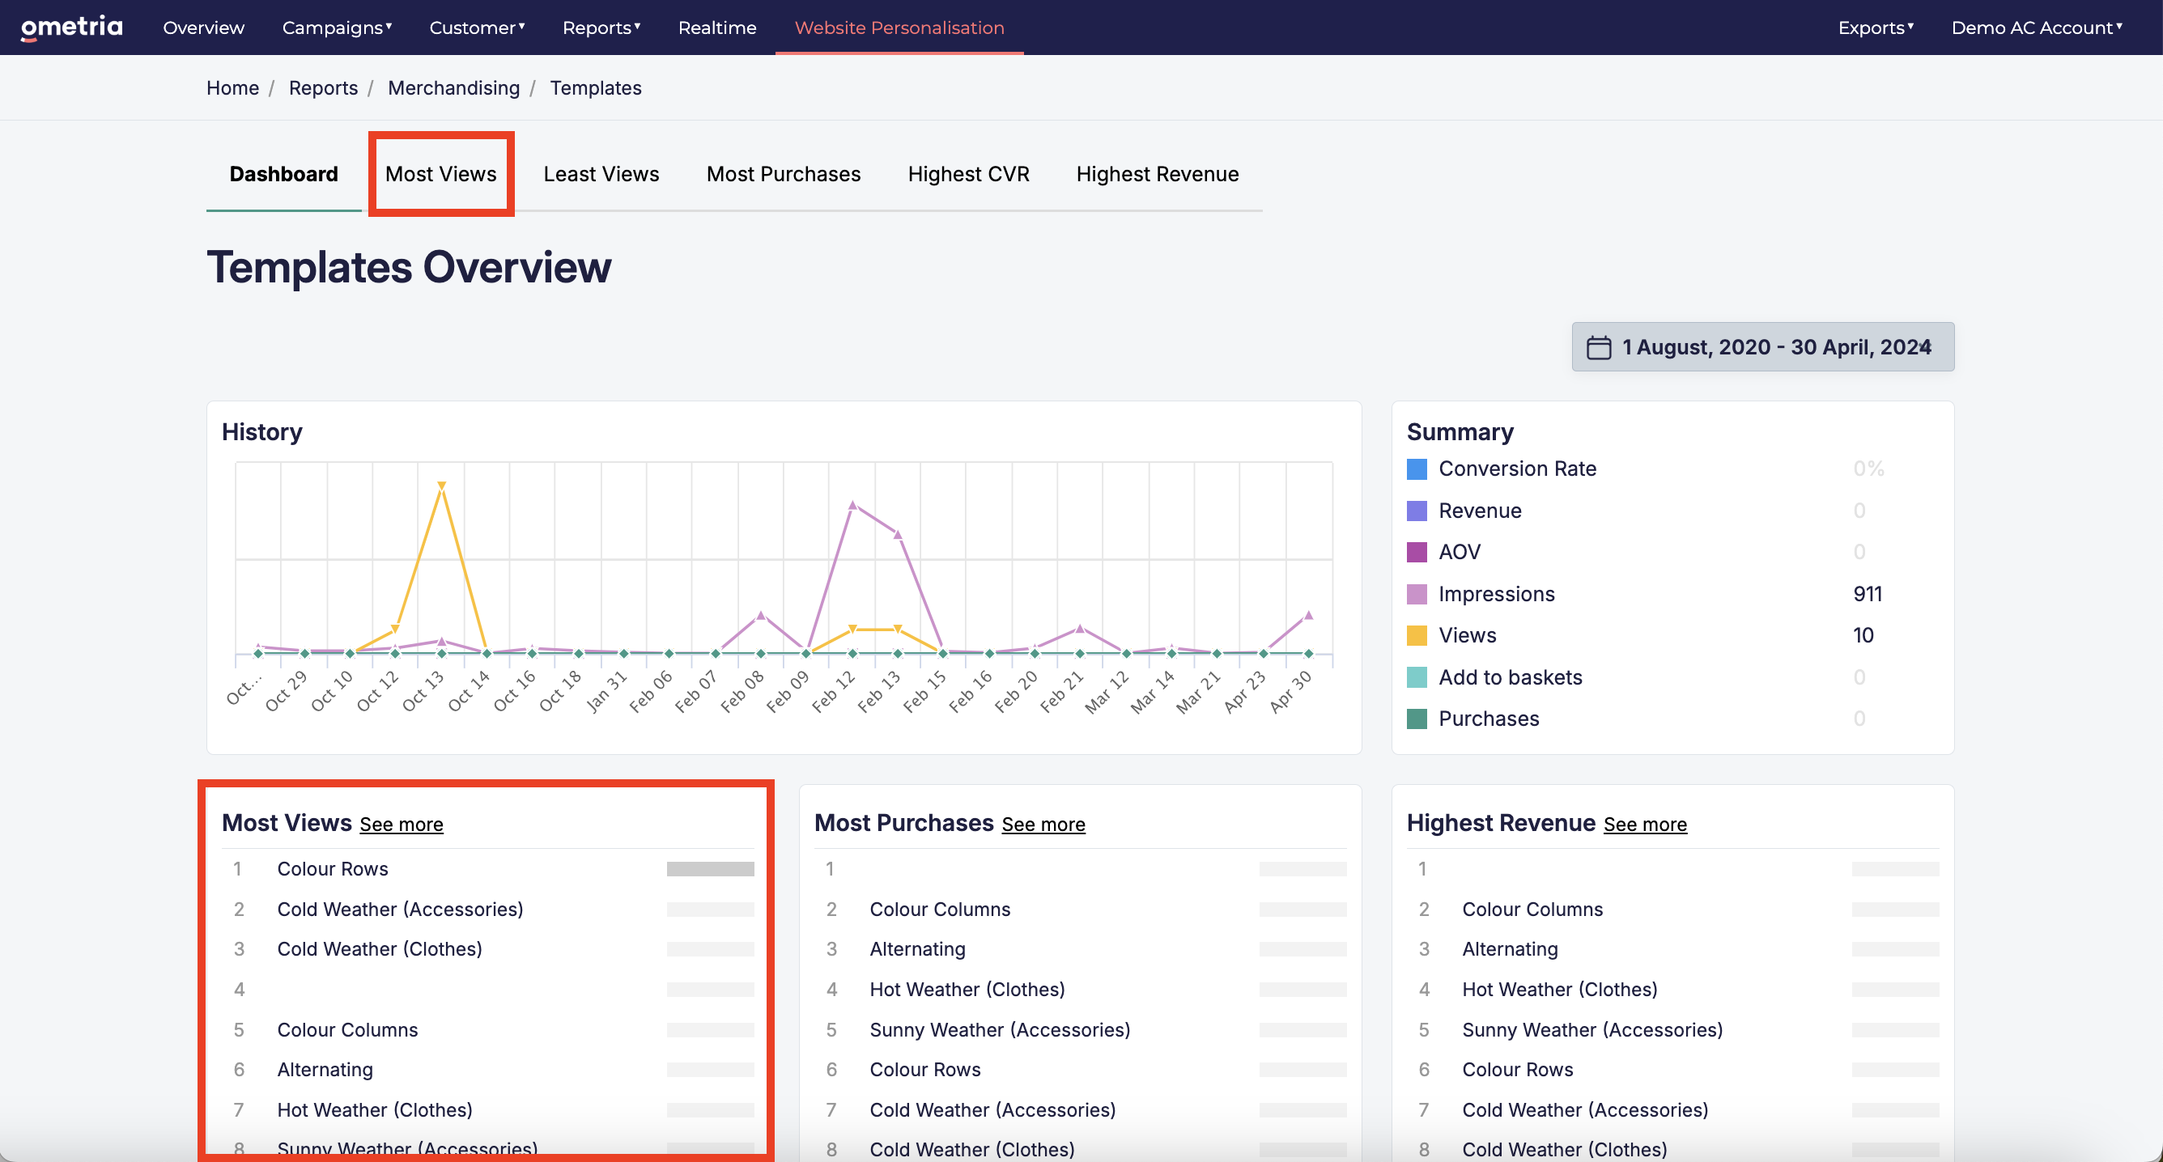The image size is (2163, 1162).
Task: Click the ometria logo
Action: [x=71, y=28]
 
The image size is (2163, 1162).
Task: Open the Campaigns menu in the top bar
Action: [x=337, y=28]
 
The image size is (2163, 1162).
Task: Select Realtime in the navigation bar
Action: [x=717, y=28]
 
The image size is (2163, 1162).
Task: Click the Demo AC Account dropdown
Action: [x=2036, y=28]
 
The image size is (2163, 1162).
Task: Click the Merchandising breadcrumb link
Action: [x=453, y=88]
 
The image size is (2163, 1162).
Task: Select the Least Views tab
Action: [x=601, y=174]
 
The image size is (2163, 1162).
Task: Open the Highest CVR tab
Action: [x=968, y=174]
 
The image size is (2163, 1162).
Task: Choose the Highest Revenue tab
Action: [x=1157, y=174]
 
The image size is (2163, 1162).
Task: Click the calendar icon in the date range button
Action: [x=1599, y=348]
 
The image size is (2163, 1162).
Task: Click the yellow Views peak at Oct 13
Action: [x=442, y=486]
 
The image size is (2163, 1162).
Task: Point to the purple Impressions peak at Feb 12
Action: [x=852, y=506]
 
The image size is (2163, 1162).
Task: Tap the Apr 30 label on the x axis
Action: [x=1290, y=691]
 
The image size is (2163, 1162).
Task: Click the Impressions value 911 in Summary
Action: [x=1868, y=594]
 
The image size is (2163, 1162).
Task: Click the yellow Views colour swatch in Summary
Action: [x=1417, y=635]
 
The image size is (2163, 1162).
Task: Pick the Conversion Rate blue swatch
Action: [x=1417, y=469]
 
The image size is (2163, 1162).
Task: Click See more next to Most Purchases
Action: [x=1043, y=825]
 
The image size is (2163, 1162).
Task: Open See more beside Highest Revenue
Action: [x=1645, y=825]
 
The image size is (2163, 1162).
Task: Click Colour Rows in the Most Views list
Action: [x=333, y=869]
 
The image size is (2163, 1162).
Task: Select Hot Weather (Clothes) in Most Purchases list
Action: [x=967, y=989]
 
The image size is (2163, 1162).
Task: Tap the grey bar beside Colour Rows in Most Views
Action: [x=711, y=869]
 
